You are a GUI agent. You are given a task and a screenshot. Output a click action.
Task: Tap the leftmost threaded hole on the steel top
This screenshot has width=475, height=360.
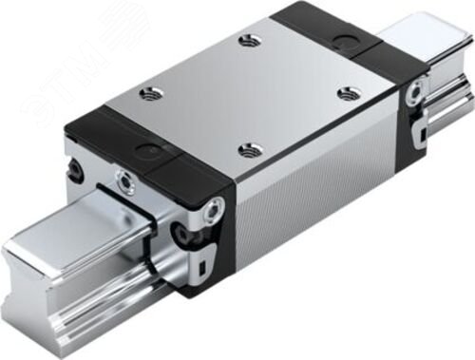click(146, 92)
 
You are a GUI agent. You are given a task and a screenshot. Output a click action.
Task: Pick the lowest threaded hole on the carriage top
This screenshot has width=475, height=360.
click(248, 149)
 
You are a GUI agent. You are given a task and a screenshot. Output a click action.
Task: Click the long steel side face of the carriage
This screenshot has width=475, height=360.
click(313, 209)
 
